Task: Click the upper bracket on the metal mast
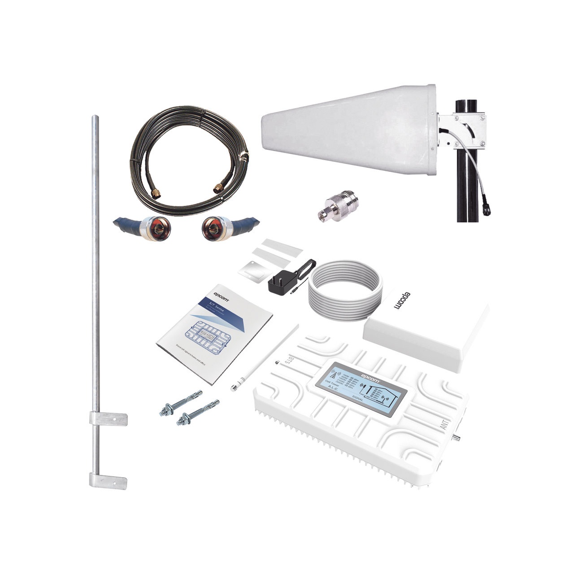(108, 417)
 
